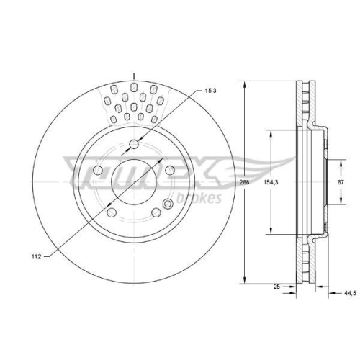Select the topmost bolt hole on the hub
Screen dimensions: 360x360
[x=133, y=145]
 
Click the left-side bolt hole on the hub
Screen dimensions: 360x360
[x=96, y=171]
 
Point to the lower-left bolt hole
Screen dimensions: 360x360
[x=111, y=212]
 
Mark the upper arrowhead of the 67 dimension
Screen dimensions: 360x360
[x=338, y=160]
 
